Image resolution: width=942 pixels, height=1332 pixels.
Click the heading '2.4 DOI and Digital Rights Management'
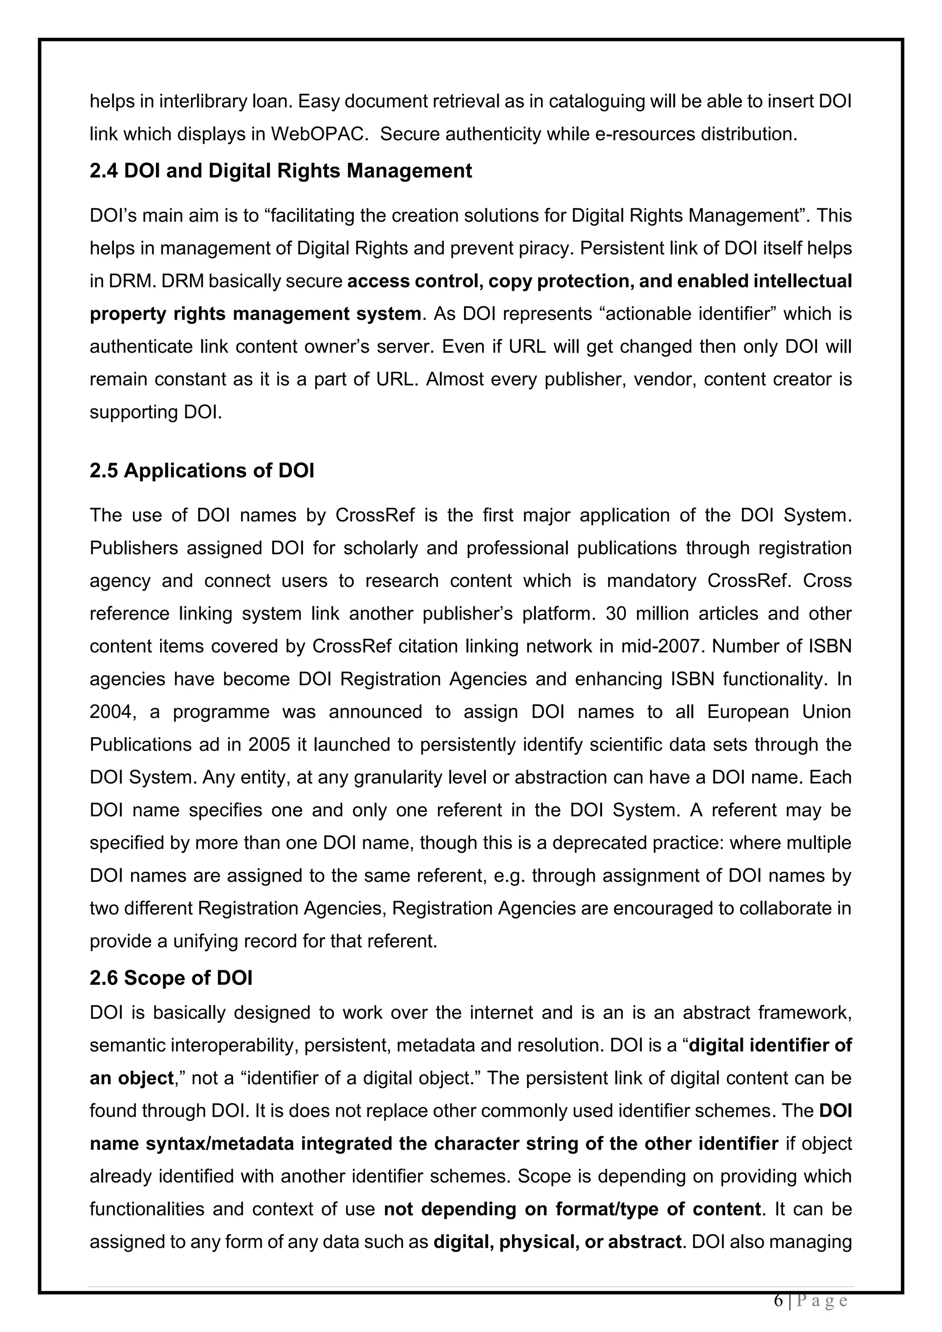(x=281, y=171)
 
